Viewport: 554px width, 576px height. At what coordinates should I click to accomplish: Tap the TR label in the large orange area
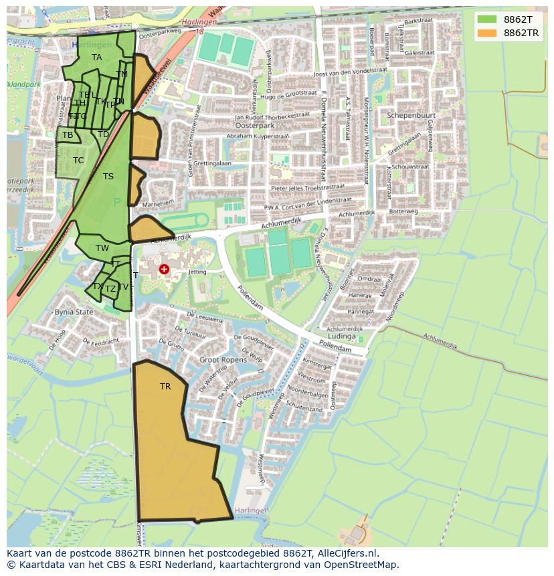pos(165,387)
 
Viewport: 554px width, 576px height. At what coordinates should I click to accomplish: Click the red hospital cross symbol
pos(164,270)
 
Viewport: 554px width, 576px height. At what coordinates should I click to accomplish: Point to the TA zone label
pos(97,58)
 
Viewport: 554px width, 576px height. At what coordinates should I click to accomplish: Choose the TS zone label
pos(108,177)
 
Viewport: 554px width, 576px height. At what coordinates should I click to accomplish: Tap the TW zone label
pos(102,248)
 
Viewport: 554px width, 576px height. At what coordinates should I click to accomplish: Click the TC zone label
pos(78,161)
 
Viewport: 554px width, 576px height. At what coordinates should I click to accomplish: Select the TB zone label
pos(68,135)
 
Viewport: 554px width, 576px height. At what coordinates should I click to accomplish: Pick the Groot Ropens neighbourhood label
pos(222,359)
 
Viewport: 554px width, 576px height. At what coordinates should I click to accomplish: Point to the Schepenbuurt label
pos(411,115)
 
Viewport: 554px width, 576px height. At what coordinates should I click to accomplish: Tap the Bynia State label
pos(74,312)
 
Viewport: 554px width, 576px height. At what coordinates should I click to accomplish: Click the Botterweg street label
pos(403,211)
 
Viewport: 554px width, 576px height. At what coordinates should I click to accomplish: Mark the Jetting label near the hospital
pos(197,272)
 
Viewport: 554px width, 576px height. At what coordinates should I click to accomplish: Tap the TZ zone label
pos(110,289)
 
